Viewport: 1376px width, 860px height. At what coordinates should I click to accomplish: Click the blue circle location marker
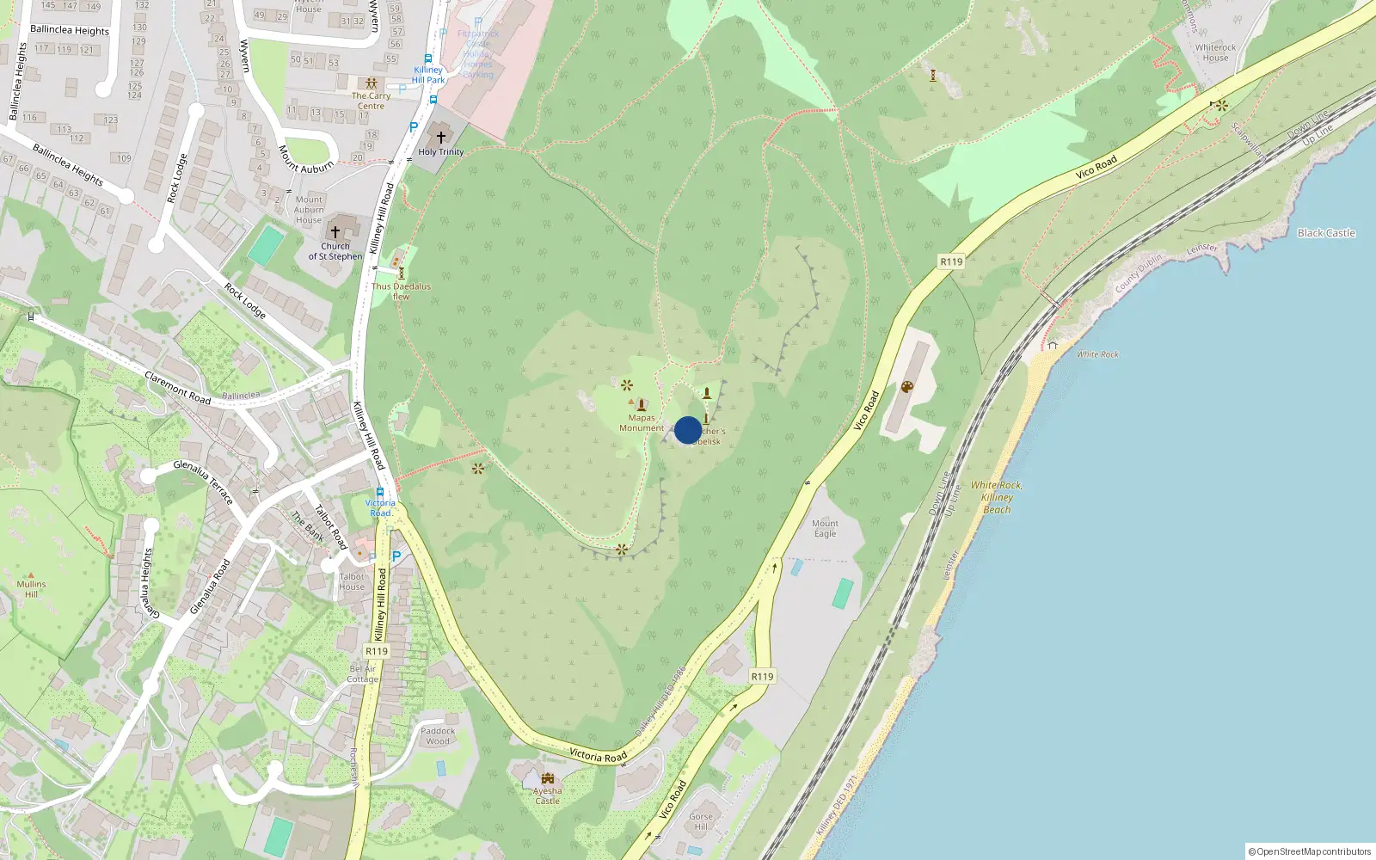[688, 430]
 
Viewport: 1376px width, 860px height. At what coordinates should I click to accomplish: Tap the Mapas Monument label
[642, 423]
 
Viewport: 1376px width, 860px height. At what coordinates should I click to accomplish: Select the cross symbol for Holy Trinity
[441, 137]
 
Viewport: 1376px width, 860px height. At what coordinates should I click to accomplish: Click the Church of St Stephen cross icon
[335, 231]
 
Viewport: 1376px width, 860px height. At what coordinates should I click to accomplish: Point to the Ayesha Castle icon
[548, 778]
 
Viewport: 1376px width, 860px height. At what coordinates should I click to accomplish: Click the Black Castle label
[1325, 233]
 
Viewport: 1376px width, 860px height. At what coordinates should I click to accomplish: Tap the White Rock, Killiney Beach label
[997, 497]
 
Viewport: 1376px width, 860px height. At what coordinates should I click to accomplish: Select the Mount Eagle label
[825, 528]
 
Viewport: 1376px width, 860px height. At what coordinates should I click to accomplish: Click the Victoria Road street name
[598, 755]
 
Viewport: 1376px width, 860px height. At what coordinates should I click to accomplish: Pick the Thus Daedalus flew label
[401, 292]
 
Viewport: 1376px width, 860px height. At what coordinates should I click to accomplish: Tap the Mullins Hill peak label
[31, 589]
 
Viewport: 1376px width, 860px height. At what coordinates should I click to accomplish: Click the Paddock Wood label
[438, 736]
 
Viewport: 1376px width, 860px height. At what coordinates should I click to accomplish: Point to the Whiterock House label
[1215, 52]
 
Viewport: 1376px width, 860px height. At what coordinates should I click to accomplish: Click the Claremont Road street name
[178, 388]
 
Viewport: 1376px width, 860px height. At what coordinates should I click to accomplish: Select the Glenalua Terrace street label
[203, 482]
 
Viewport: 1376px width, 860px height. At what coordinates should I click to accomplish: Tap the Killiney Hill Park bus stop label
[428, 75]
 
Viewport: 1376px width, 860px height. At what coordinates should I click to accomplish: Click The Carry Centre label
[371, 101]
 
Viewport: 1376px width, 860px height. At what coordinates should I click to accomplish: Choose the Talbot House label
[352, 581]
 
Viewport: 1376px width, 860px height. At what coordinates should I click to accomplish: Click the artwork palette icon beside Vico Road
[906, 387]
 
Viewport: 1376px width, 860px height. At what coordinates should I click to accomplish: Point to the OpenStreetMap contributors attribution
[1310, 851]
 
